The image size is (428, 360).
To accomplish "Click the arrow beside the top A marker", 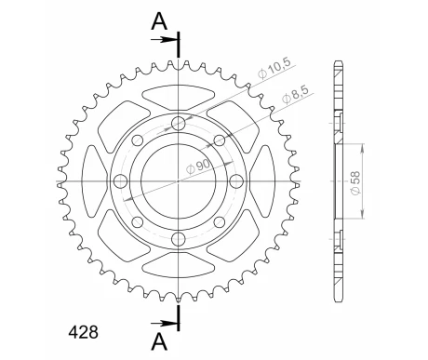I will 165,39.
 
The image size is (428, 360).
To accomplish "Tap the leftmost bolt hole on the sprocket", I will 137,140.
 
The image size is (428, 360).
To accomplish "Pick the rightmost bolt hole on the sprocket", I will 220,140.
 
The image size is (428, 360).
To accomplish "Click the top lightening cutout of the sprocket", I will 177,93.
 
